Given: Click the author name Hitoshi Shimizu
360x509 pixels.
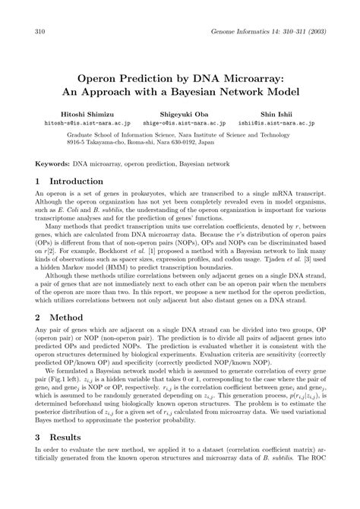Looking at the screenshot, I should coord(77,111).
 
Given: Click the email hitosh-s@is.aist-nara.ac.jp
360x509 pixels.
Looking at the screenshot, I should coord(77,121).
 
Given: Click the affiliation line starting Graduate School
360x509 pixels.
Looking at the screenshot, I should coord(179,131).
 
